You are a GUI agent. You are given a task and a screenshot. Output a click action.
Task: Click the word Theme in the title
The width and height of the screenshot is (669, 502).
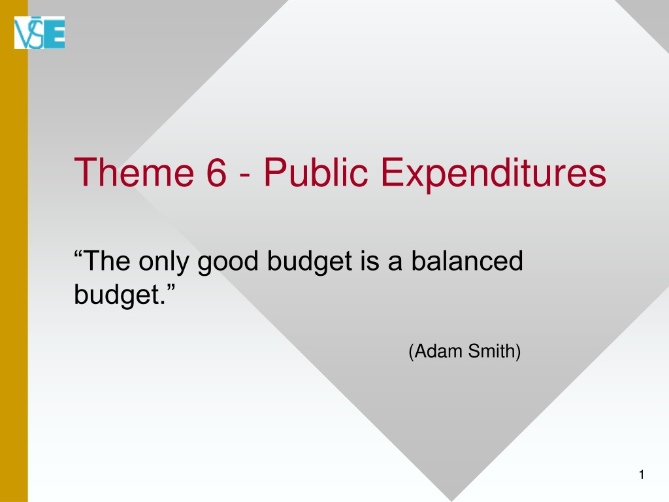[x=134, y=172]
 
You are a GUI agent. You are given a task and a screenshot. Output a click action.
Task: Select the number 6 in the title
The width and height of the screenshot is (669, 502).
[x=216, y=172]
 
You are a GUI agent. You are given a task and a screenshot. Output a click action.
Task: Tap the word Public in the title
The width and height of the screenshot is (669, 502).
[x=316, y=172]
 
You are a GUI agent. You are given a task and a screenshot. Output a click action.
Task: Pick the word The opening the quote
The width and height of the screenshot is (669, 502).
[x=107, y=260]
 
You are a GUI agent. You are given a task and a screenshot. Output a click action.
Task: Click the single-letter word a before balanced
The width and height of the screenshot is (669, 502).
[x=395, y=263]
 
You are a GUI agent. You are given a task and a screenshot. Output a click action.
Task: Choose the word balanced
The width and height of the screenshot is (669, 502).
[x=466, y=260]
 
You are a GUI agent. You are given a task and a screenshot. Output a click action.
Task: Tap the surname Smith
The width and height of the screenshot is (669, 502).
[x=492, y=351]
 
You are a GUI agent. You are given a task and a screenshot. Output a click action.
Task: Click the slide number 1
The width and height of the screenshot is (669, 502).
[x=642, y=475]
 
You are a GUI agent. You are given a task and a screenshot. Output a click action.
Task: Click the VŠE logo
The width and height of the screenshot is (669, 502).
[x=39, y=33]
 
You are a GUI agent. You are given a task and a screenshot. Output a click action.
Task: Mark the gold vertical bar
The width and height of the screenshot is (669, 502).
[x=14, y=251]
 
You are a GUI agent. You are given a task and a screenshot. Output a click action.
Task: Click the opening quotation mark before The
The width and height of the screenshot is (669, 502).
[x=78, y=255]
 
